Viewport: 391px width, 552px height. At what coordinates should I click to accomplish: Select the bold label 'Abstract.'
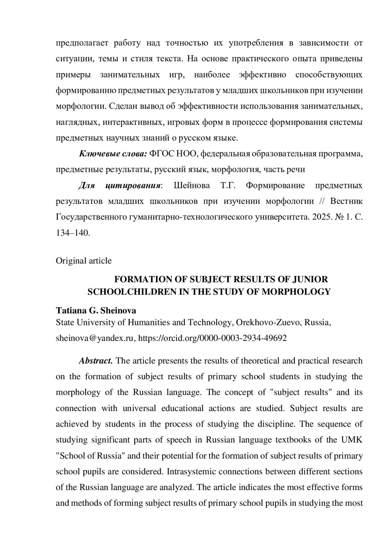[96, 361]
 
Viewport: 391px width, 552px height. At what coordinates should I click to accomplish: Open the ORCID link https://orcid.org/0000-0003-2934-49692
[212, 338]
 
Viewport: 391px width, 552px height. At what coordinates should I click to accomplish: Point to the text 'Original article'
[84, 261]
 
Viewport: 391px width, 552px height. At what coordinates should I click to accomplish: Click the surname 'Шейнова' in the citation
[192, 186]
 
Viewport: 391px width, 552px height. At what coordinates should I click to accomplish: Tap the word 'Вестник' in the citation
[346, 201]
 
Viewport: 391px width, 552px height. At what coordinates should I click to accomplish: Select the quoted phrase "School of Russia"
[91, 456]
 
